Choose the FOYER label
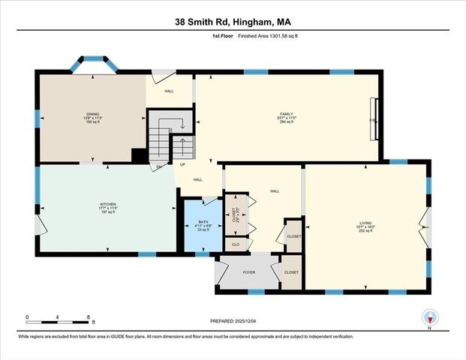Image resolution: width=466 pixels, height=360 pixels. pos(249,273)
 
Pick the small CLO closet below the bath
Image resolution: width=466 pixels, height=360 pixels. pos(235,244)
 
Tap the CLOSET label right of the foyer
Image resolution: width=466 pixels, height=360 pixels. pos(291,272)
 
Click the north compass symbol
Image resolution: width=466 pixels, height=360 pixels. pos(429,318)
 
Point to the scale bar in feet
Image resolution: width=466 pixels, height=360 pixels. pos(58,319)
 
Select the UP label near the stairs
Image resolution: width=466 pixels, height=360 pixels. pos(182,164)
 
